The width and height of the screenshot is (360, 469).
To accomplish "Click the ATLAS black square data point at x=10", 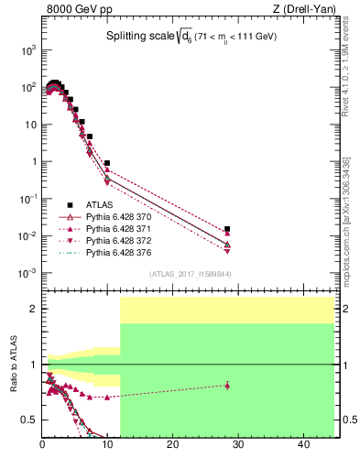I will coord(107,163).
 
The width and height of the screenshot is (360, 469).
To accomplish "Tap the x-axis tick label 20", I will coord(173,444).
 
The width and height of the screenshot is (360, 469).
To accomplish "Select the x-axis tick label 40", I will coord(303,444).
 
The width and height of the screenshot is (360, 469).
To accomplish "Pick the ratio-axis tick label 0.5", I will coord(29,420).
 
